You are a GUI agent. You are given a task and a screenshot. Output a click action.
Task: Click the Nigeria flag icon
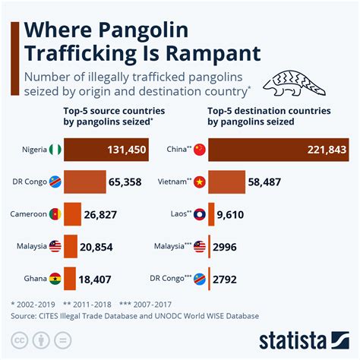click(x=55, y=150)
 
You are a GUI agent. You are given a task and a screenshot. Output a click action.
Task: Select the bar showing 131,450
click(x=106, y=150)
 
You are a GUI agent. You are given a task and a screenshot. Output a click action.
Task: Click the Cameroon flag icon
click(x=55, y=215)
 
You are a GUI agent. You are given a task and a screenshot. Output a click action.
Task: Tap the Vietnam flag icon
click(x=200, y=182)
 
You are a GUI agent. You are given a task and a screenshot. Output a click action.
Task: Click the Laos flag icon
click(x=200, y=215)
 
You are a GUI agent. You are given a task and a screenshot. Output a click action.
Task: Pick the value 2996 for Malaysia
click(x=231, y=248)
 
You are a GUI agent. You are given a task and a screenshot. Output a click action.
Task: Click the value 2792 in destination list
click(x=231, y=279)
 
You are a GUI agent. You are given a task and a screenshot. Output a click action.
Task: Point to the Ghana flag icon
click(x=55, y=279)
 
